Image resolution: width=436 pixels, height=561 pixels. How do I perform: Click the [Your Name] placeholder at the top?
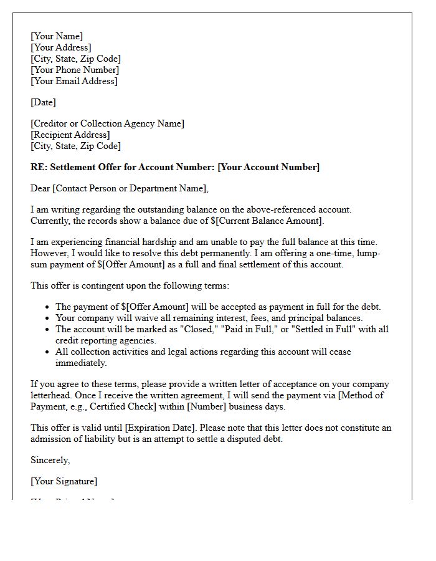pos(57,36)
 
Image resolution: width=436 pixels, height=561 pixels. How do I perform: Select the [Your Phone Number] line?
pos(75,70)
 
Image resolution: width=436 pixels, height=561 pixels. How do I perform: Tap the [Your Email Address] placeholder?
pos(74,81)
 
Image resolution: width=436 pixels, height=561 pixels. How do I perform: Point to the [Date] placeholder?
pos(43,102)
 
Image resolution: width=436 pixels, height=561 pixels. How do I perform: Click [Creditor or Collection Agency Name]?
pos(107,123)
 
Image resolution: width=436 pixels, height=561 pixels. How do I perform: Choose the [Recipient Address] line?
pos(70,135)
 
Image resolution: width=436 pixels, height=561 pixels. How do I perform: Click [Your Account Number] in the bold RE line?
pos(268,167)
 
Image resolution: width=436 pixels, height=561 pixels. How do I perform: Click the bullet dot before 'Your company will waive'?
pos(49,318)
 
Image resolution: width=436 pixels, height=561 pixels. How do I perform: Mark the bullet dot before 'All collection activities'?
pos(49,352)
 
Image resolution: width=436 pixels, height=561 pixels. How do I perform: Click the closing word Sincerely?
pos(50,460)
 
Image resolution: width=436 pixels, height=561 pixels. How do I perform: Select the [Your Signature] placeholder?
pos(64,481)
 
